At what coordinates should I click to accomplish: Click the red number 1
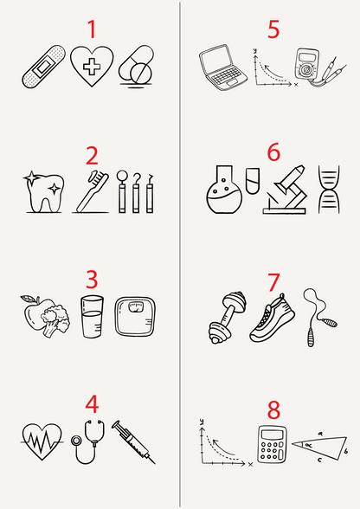pos(93,29)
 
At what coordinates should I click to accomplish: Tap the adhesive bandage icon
pos(43,67)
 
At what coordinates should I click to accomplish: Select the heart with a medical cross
pos(92,66)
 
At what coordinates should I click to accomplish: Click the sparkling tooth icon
pos(44,193)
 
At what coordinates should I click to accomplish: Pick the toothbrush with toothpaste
pos(92,191)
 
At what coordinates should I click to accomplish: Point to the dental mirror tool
pos(122,191)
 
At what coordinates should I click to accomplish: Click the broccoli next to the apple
pos(55,320)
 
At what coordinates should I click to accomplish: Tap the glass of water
pos(93,317)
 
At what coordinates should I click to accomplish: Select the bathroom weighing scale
pos(135,317)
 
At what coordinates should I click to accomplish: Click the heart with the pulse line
pos(42,441)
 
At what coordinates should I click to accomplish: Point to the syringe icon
pos(133,441)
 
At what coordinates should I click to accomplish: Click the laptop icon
pos(222,68)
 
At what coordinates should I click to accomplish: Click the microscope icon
pos(285,190)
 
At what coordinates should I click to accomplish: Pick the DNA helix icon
pos(329,190)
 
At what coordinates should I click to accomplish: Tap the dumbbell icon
pos(228,317)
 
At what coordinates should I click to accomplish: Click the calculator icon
pos(272,444)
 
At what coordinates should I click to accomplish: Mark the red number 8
pos(273,409)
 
